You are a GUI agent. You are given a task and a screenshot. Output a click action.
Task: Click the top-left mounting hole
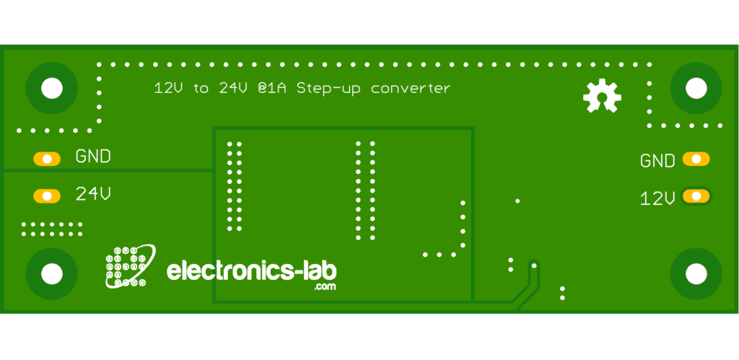51,88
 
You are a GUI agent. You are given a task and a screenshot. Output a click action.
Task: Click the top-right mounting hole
696,88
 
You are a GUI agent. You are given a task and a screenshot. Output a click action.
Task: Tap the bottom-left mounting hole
51,273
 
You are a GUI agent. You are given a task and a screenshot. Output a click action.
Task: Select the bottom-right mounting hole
696,273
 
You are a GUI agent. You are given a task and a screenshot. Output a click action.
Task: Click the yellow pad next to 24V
47,196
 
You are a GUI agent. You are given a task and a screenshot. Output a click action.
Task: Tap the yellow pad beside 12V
696,196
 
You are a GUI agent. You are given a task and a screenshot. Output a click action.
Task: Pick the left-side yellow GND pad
47,159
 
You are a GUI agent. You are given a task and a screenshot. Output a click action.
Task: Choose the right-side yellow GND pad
696,159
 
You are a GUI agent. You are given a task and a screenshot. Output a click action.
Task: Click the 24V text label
93,193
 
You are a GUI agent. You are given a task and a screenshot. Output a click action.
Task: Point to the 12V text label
657,198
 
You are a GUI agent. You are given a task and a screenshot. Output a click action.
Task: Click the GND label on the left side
93,156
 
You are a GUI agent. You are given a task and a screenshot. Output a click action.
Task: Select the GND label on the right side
657,161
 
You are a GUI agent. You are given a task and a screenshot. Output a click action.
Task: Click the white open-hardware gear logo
602,96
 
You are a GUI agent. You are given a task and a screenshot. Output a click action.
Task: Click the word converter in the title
411,89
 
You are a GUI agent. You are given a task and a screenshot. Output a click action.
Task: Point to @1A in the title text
272,88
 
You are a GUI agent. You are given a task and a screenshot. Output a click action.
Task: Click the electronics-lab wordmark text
252,271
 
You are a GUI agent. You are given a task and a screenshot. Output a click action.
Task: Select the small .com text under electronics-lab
325,286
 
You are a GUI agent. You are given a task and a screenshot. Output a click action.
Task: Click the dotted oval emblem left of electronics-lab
130,266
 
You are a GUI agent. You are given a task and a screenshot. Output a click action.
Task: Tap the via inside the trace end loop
534,265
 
